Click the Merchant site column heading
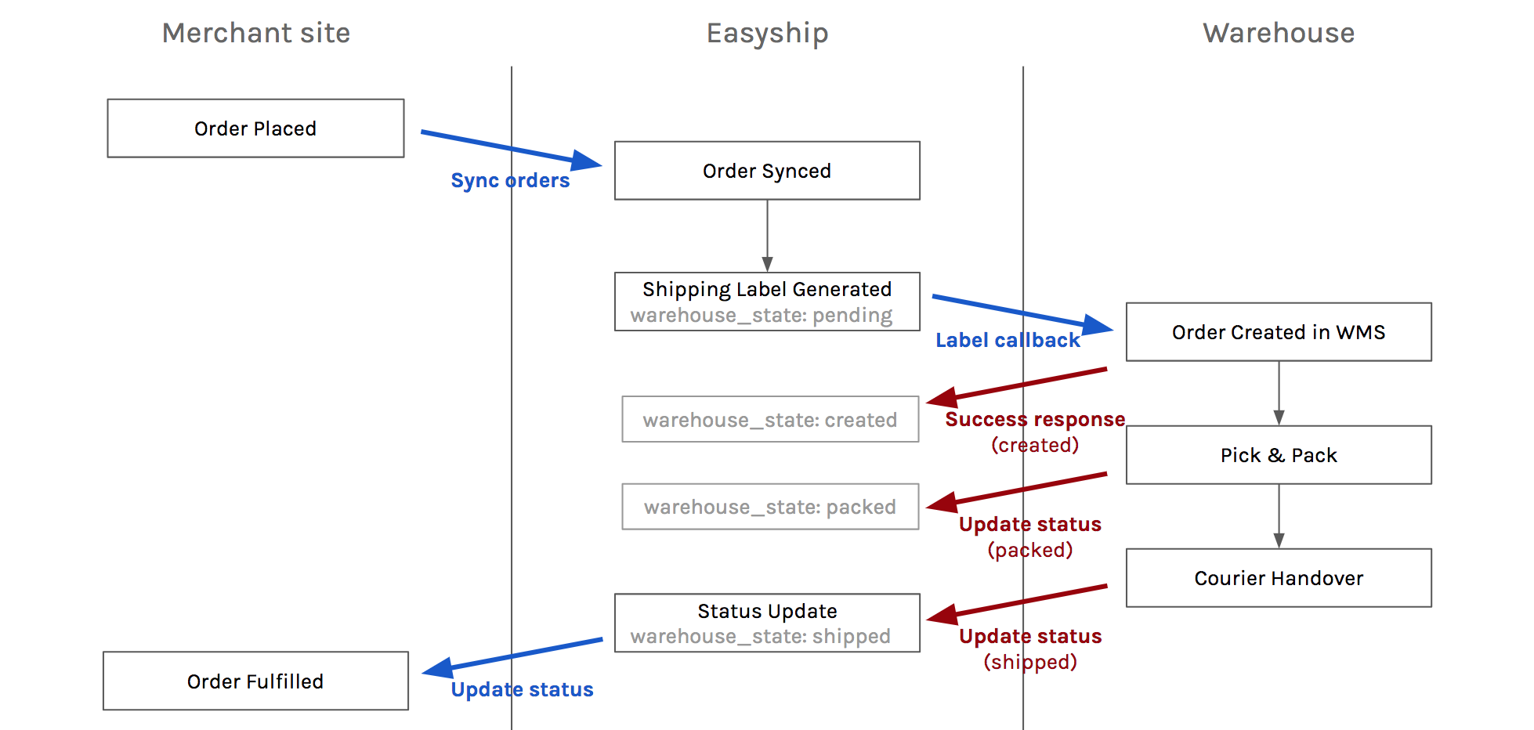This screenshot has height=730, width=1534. point(256,33)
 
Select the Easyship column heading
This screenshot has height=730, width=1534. point(767,33)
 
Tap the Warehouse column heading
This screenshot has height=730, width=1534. point(1279,33)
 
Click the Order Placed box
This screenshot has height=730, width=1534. point(255,128)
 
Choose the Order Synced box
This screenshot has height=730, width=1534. point(767,171)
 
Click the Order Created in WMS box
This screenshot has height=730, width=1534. point(1279,332)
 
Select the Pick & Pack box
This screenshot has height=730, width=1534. point(1279,455)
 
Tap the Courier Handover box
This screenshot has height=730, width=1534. point(1279,578)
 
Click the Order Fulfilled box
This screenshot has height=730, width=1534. point(255,681)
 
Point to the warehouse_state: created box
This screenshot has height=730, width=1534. point(770,420)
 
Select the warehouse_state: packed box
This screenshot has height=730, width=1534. point(770,507)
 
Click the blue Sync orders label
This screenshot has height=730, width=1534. point(510,180)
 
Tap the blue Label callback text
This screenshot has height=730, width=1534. point(1008,340)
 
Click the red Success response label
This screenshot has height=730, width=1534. point(1035,419)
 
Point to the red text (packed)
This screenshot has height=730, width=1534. point(1030,550)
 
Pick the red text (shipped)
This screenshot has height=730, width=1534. point(1030,662)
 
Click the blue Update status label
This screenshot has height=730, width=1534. point(522,689)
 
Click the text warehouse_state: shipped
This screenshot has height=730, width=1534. point(760,636)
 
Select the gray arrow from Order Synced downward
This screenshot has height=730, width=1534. point(767,235)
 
